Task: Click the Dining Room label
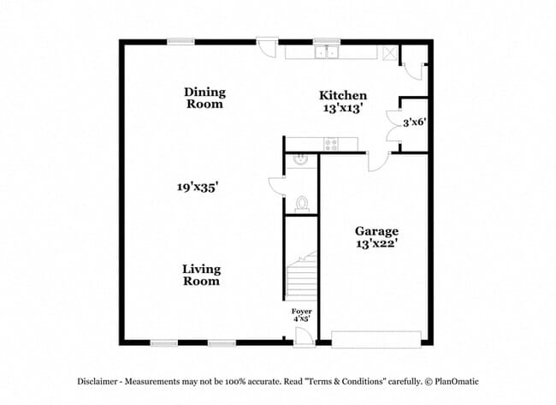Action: (x=204, y=98)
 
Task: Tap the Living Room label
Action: (x=201, y=274)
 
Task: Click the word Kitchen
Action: (x=343, y=95)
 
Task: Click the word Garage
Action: (x=376, y=231)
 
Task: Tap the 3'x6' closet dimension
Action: (x=414, y=122)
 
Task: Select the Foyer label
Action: (x=301, y=311)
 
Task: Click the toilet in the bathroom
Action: (x=301, y=203)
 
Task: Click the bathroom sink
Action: (x=300, y=159)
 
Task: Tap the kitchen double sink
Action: (x=326, y=52)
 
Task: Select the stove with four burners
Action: (x=330, y=144)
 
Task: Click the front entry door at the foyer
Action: (x=302, y=336)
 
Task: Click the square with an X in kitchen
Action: (x=390, y=52)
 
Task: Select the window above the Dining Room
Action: (x=180, y=40)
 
